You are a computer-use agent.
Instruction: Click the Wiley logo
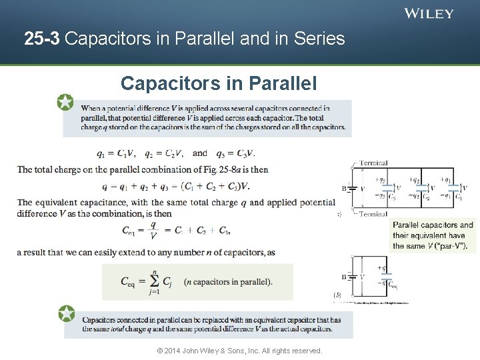click(429, 13)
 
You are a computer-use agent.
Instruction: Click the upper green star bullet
click(65, 102)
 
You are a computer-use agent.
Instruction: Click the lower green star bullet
click(66, 313)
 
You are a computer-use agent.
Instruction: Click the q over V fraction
click(154, 230)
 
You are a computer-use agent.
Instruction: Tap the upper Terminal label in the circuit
click(373, 163)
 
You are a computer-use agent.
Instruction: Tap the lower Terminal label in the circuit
click(373, 214)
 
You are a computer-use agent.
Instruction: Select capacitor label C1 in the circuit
click(458, 197)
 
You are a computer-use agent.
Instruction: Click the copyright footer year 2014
click(173, 351)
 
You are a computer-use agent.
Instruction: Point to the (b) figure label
click(337, 294)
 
